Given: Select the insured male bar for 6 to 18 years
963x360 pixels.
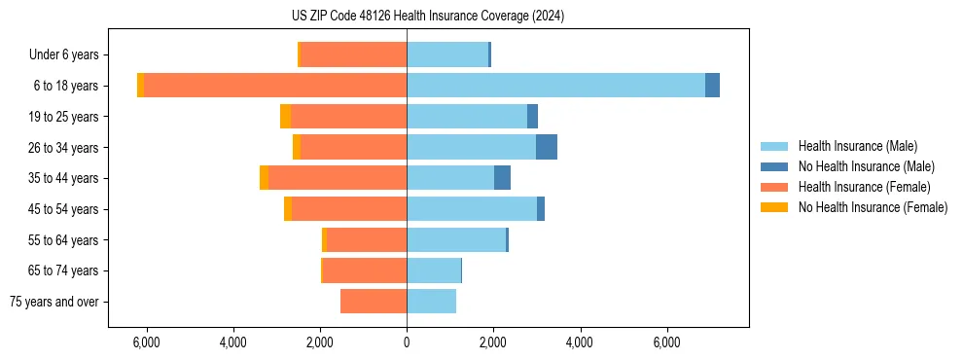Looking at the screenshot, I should pyautogui.click(x=555, y=85).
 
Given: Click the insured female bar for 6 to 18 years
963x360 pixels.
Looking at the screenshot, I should pyautogui.click(x=275, y=85).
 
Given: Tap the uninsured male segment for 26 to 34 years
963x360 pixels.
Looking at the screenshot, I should pyautogui.click(x=546, y=147).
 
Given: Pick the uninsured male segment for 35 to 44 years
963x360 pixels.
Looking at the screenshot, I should pyautogui.click(x=502, y=178).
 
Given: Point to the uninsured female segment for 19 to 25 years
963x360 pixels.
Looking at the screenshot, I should pyautogui.click(x=285, y=116).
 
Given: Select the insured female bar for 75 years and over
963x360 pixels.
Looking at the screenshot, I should pyautogui.click(x=374, y=302).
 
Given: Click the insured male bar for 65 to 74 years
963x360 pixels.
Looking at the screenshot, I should pyautogui.click(x=434, y=270).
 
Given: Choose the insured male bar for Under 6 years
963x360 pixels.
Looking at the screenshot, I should pyautogui.click(x=447, y=54).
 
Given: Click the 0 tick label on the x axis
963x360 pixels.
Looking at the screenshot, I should pyautogui.click(x=407, y=342).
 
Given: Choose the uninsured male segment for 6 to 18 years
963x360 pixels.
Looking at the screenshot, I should pyautogui.click(x=712, y=85).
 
